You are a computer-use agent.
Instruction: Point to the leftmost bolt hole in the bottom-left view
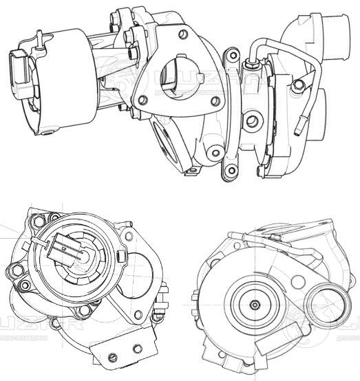point(11,270)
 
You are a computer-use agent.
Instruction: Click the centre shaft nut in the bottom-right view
point(255,303)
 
